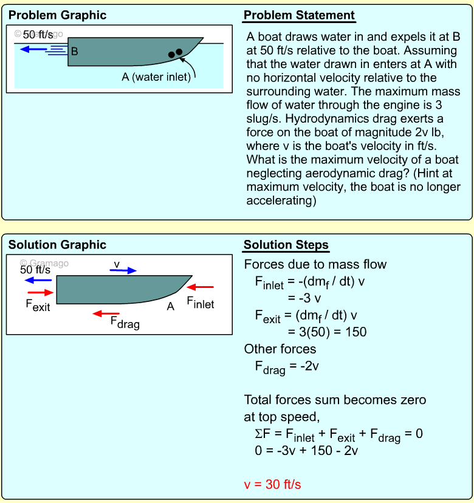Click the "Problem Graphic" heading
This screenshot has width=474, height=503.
(57, 15)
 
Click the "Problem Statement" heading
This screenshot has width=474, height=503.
(299, 15)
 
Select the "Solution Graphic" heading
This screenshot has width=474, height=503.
(57, 245)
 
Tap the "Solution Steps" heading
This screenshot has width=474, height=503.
(286, 245)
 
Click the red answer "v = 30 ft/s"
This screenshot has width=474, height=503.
(272, 484)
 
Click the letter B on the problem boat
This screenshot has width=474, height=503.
(75, 52)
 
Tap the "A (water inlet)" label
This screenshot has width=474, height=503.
(156, 77)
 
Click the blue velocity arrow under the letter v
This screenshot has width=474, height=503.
(123, 271)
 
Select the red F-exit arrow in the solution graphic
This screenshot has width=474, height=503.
(40, 292)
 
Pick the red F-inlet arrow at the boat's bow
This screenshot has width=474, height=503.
(201, 287)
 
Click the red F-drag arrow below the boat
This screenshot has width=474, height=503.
(106, 313)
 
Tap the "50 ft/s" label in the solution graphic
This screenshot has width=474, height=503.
(35, 270)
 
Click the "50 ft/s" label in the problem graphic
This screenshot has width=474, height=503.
(38, 35)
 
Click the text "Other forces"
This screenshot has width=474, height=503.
(280, 349)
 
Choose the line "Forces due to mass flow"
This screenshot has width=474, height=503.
(315, 264)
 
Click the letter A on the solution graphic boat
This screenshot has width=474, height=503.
(171, 306)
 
